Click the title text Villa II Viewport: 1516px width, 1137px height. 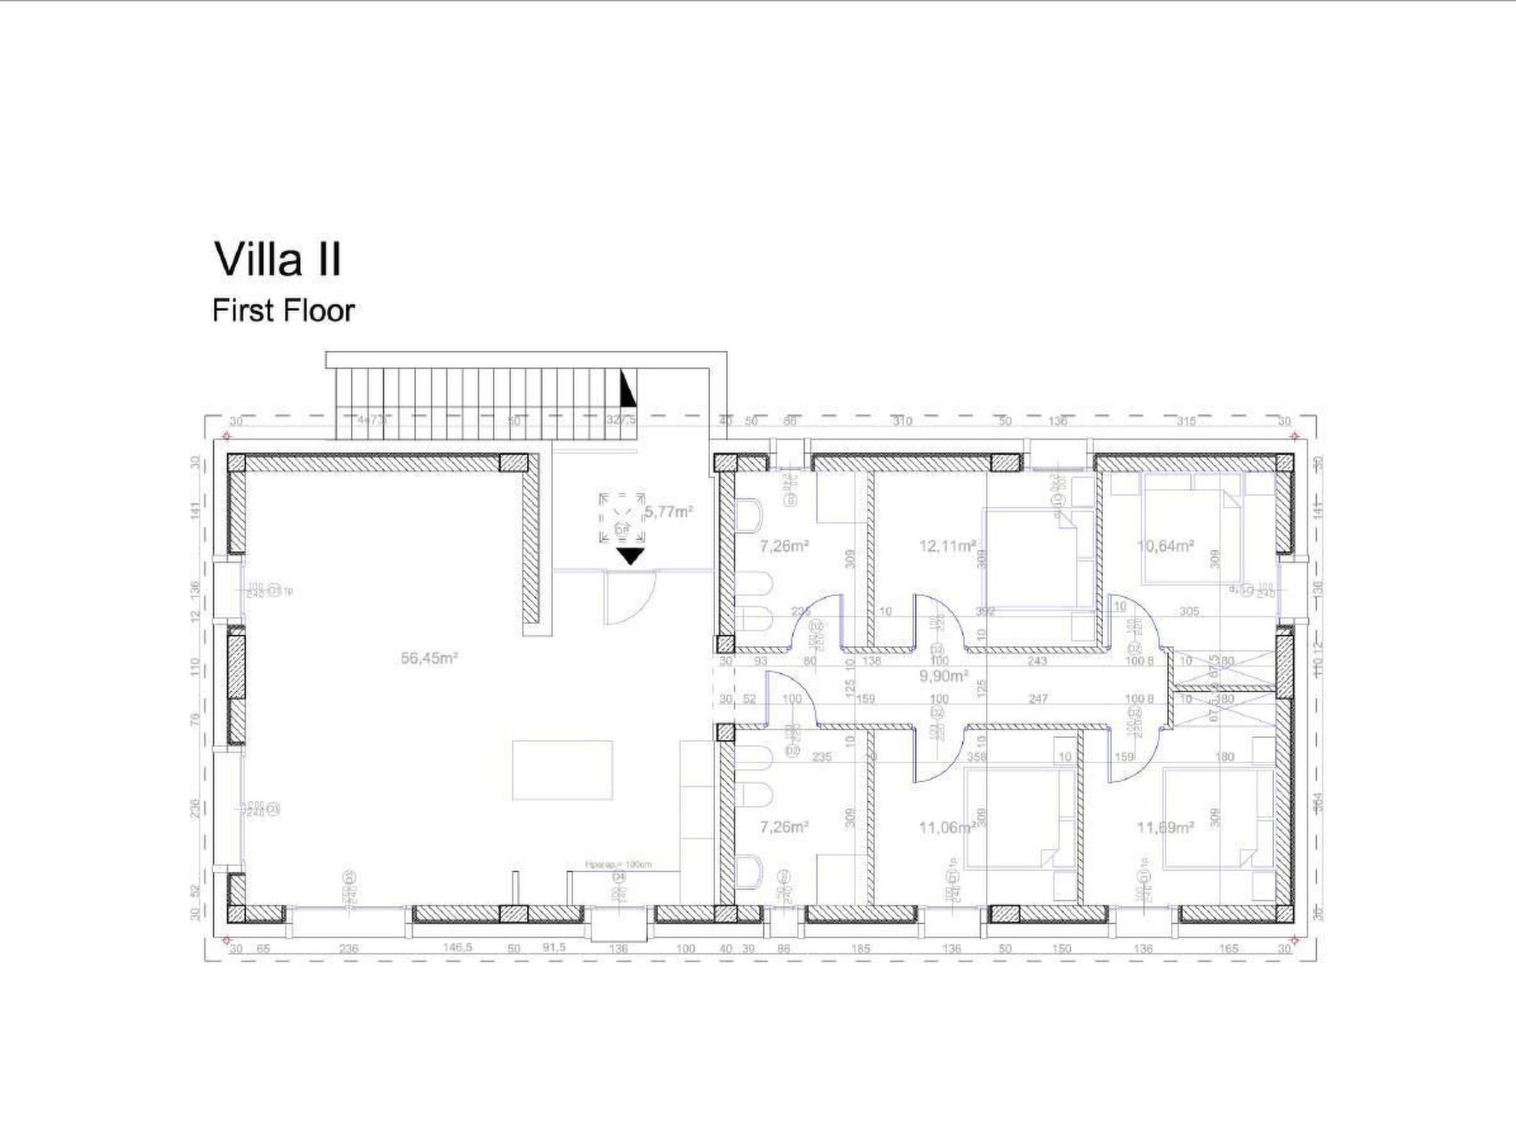click(278, 259)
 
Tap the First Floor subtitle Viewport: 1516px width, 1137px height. click(284, 311)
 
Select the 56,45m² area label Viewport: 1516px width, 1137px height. click(429, 657)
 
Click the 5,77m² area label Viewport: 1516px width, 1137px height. click(669, 511)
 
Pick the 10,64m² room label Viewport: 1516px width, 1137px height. click(1165, 546)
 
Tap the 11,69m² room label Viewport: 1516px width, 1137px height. click(1165, 828)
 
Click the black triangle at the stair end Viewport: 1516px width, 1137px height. click(628, 389)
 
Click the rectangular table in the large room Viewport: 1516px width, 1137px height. click(563, 770)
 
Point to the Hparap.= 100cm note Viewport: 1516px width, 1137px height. click(618, 865)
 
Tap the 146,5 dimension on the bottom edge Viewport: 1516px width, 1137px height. click(457, 948)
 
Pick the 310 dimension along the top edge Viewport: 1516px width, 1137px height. click(902, 421)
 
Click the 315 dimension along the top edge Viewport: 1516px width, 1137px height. click(1187, 421)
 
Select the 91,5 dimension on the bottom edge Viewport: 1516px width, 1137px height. click(554, 948)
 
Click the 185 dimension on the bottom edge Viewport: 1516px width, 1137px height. click(861, 948)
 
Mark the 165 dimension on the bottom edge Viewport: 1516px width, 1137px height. click(1228, 948)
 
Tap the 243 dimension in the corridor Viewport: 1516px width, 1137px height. click(1037, 661)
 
